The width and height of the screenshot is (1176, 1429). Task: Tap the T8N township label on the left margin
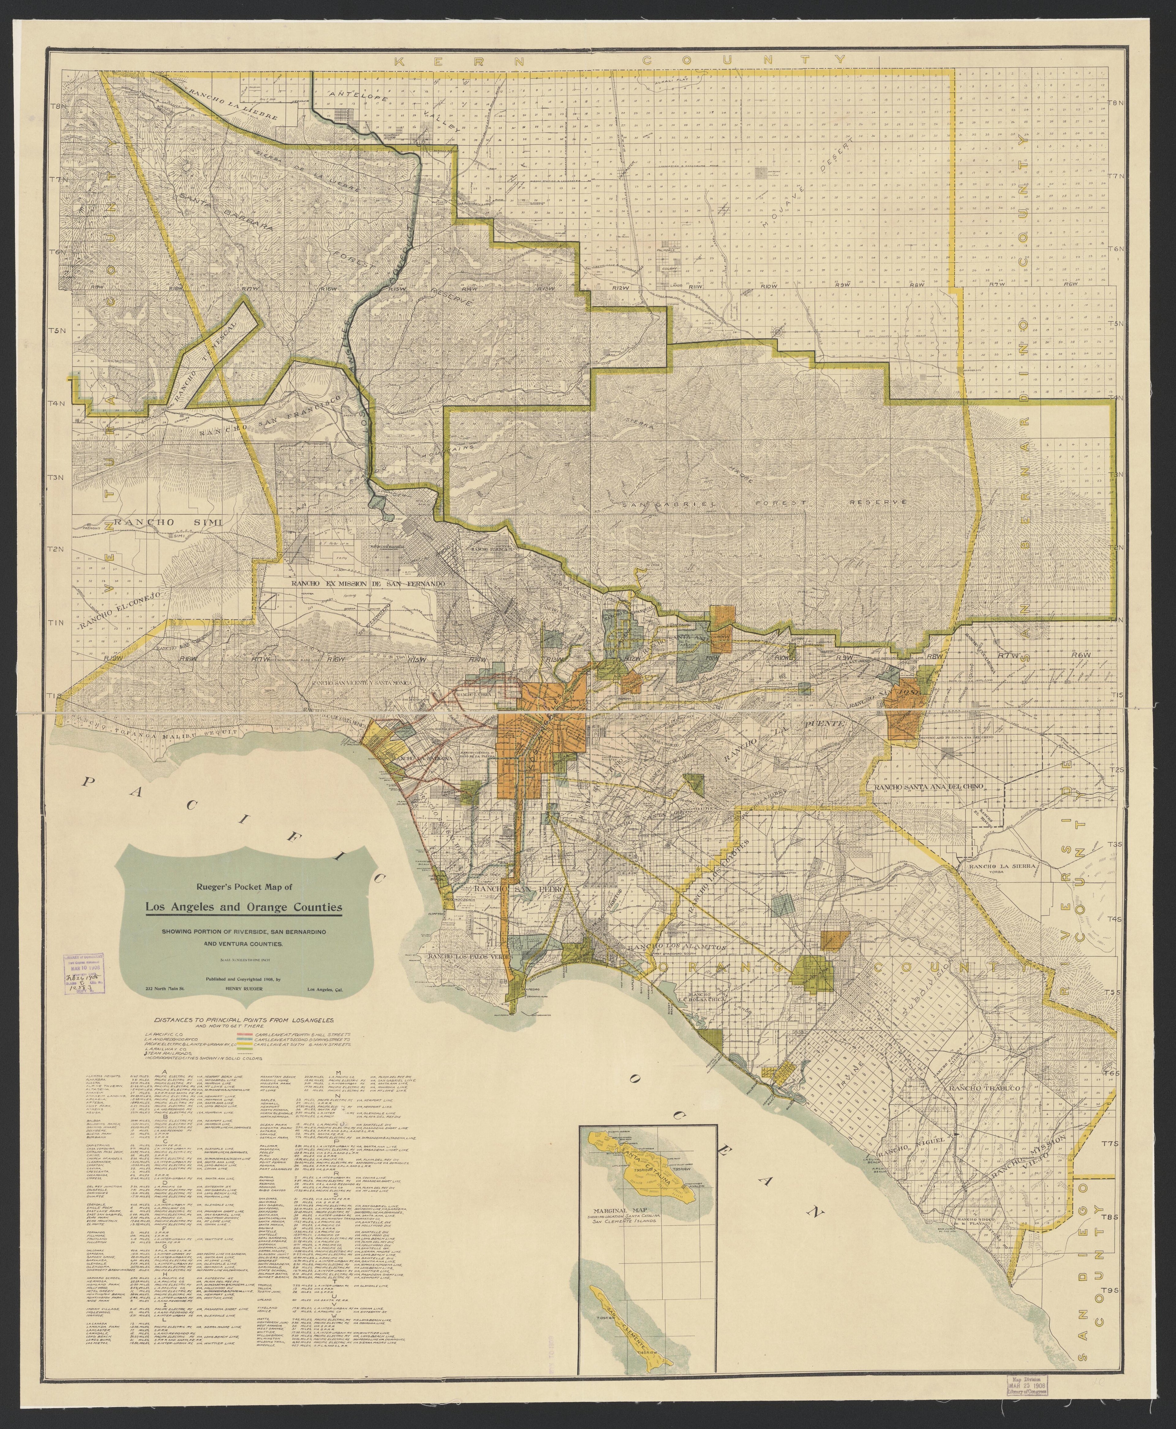(58, 106)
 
